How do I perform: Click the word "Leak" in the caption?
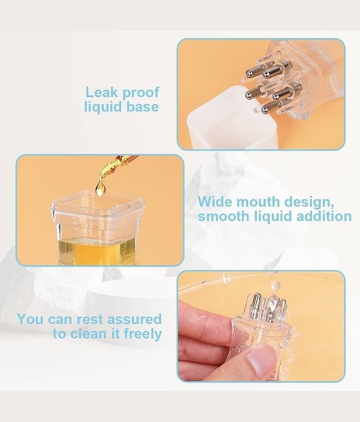click(x=102, y=92)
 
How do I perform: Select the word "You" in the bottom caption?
click(x=30, y=319)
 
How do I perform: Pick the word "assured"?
click(x=134, y=319)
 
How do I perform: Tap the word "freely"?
click(x=143, y=334)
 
